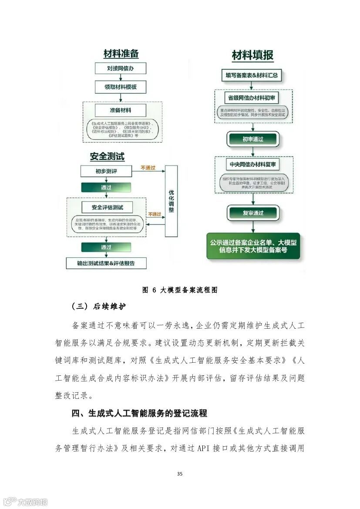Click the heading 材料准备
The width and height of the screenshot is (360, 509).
(121, 54)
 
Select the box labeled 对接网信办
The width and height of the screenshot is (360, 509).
(121, 68)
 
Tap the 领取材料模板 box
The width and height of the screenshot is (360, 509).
(121, 87)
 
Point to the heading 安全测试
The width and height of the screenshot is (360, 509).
(107, 156)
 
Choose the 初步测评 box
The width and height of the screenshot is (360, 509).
(106, 171)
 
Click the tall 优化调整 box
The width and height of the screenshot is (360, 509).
(172, 201)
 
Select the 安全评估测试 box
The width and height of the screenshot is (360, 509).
(107, 207)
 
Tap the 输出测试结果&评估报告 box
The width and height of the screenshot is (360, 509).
(106, 263)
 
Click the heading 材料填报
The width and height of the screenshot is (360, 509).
(253, 56)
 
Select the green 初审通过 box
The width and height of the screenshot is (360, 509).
(253, 139)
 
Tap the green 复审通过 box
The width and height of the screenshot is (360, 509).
(253, 212)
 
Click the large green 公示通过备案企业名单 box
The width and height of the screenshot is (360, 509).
(253, 246)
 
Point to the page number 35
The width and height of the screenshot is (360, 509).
(180, 474)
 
